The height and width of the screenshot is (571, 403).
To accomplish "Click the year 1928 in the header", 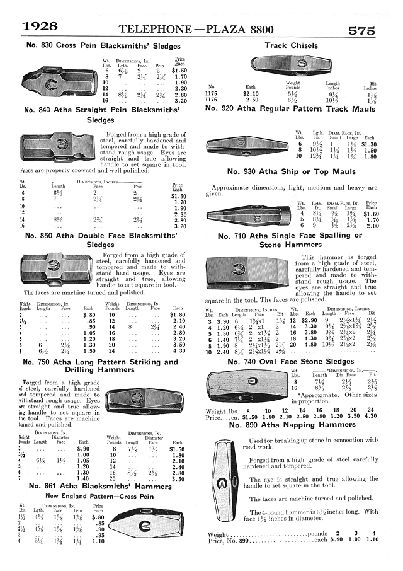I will [41, 26].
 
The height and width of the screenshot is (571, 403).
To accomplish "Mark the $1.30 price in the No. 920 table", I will [370, 144].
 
